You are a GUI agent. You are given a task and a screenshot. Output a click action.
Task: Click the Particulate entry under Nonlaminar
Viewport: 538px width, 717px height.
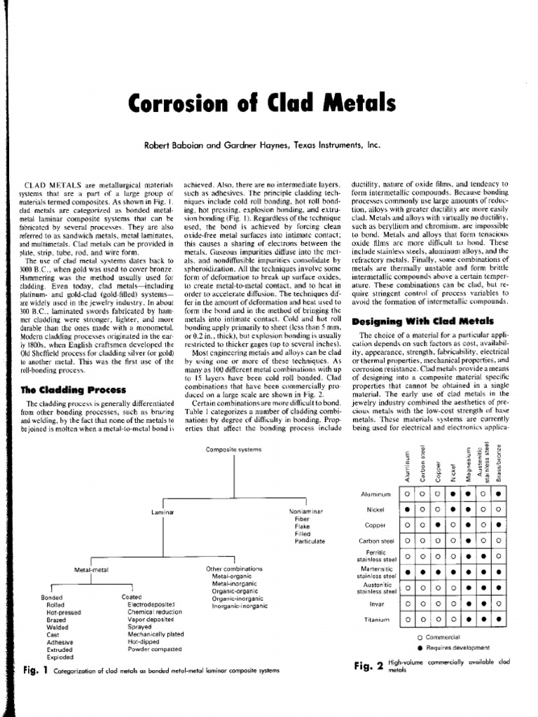310,541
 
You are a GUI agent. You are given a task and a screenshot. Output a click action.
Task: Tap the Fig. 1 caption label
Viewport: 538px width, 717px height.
34,670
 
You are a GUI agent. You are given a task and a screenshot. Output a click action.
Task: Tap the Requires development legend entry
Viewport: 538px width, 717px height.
456,648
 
